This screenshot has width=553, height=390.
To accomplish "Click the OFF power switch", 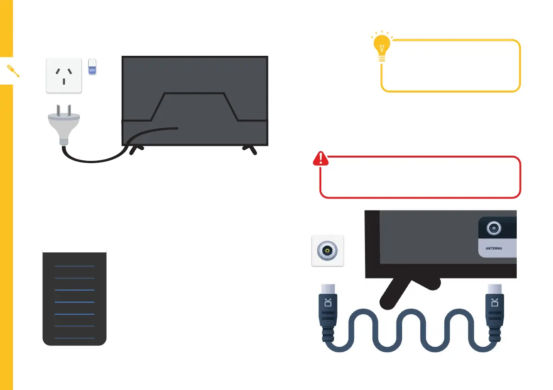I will [x=92, y=66].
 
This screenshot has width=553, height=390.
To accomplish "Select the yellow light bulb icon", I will [x=381, y=47].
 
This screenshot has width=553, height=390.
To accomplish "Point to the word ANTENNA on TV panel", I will [x=494, y=248].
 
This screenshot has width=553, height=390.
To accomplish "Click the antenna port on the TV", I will [x=493, y=228].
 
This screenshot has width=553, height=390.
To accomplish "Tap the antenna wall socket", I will [x=327, y=251].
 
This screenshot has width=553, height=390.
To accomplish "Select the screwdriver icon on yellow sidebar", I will [x=13, y=71].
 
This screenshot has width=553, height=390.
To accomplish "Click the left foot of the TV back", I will [x=135, y=150].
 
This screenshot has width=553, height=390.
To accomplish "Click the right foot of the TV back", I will [x=251, y=150].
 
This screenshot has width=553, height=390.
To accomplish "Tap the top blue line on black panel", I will [x=74, y=266].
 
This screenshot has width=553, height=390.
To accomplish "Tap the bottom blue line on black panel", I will [x=74, y=338].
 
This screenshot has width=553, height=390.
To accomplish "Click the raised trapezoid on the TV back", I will [x=195, y=106].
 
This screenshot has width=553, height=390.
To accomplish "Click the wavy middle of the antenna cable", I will [x=411, y=335].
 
